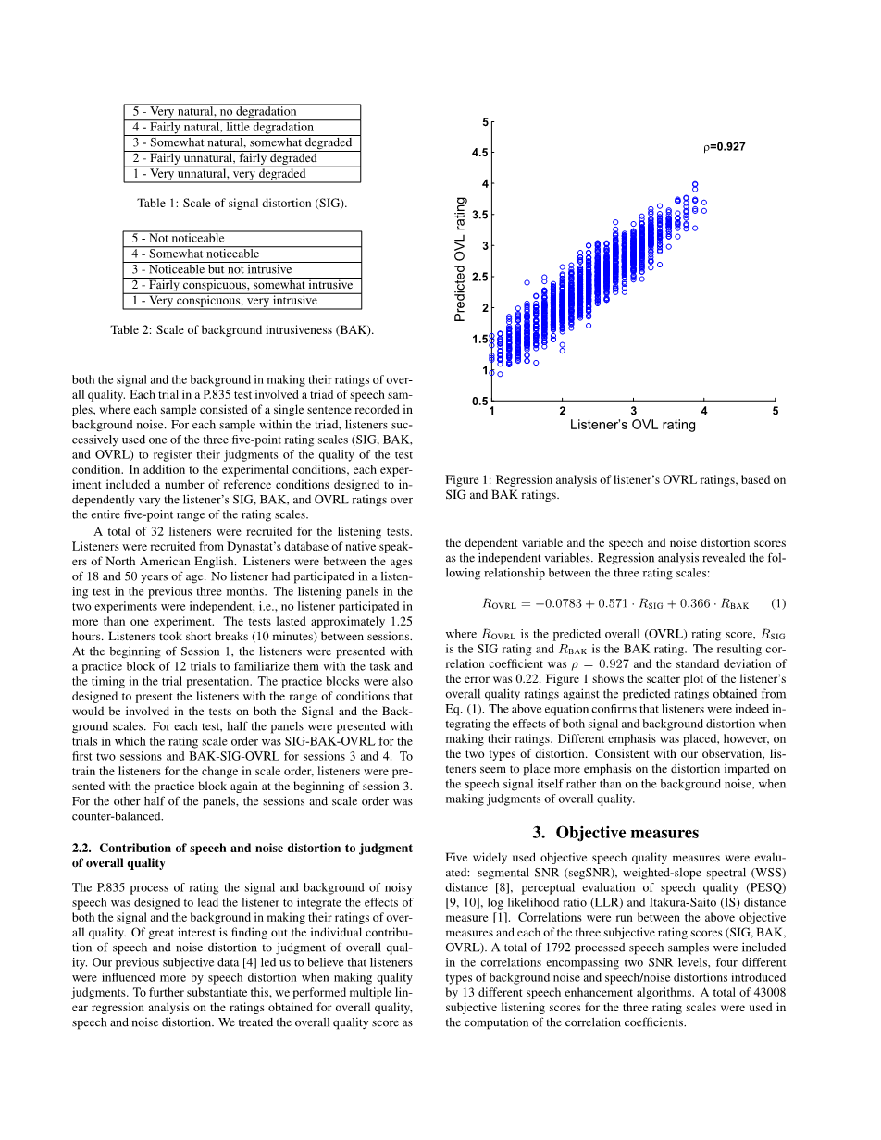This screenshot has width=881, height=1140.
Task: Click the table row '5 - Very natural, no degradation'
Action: point(242,112)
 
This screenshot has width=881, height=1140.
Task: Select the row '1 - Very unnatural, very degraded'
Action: point(242,174)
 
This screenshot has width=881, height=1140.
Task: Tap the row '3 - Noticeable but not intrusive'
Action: point(242,269)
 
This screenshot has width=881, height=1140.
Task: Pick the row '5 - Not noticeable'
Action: point(242,238)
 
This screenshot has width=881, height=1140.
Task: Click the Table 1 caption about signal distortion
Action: point(242,203)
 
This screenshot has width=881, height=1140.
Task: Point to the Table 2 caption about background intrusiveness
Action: point(242,329)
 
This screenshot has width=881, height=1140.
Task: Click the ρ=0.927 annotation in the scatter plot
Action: point(724,146)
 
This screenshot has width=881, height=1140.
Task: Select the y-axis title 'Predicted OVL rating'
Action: point(461,259)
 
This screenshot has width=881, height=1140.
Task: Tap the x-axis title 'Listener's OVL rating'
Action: point(632,425)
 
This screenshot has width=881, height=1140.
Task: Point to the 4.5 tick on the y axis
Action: point(479,153)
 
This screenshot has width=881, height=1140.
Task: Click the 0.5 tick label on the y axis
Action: point(479,402)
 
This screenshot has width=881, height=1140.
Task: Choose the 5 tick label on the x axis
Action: point(776,411)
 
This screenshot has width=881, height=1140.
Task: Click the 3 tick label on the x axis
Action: point(633,411)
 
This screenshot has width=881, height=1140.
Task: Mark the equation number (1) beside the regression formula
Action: point(777,603)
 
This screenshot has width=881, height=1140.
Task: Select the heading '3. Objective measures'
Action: point(615,833)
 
